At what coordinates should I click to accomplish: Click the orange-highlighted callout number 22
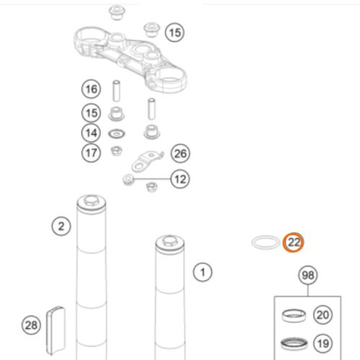click(x=293, y=243)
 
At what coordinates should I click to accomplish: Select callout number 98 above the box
click(x=308, y=275)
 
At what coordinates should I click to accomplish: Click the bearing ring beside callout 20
click(x=294, y=315)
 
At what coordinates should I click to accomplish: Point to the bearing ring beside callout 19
click(x=294, y=343)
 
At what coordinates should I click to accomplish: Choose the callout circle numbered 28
click(x=31, y=325)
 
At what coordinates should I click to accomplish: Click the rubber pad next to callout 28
click(x=55, y=330)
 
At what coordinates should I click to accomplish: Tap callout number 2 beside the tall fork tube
click(x=61, y=226)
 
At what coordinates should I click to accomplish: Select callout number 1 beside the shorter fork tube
click(x=202, y=272)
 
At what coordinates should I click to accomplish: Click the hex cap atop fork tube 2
click(x=91, y=201)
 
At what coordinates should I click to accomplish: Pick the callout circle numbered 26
click(x=181, y=153)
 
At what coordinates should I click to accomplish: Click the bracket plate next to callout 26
click(x=147, y=161)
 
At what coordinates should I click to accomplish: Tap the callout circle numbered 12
click(x=180, y=179)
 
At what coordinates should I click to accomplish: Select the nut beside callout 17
click(x=117, y=150)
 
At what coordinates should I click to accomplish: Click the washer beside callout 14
click(x=117, y=134)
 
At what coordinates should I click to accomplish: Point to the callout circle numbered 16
click(x=91, y=89)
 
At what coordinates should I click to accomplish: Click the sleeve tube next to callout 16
click(x=117, y=91)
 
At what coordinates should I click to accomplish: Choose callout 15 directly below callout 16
click(x=91, y=113)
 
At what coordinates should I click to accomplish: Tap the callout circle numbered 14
click(x=91, y=132)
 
